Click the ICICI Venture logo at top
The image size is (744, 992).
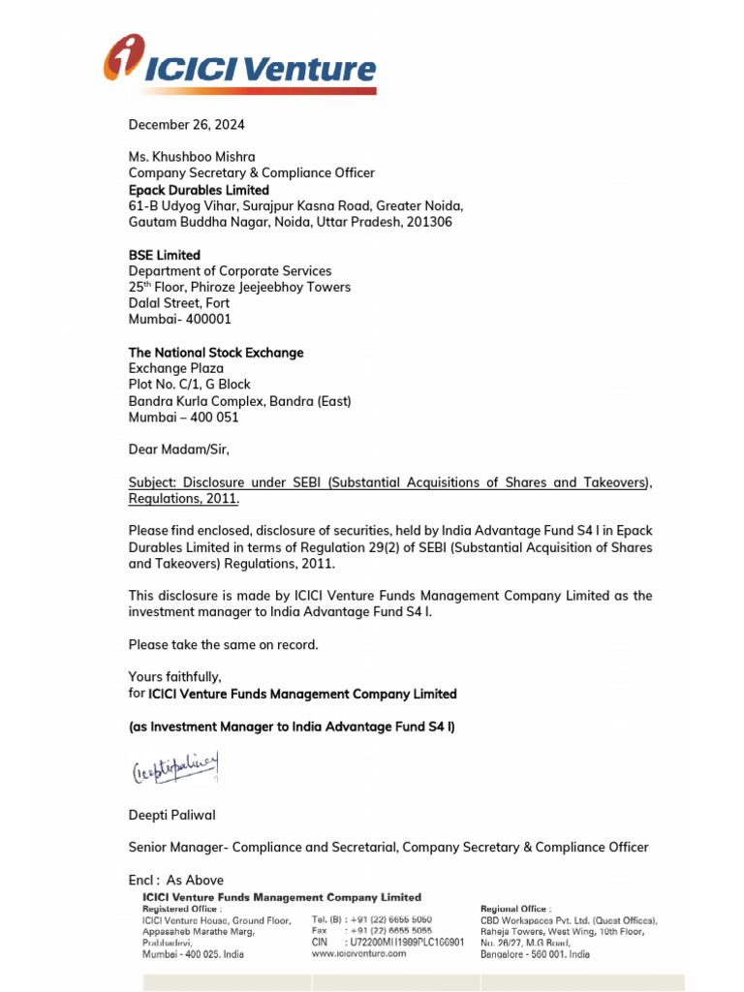coord(239,64)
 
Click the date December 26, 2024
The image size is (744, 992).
coord(187,125)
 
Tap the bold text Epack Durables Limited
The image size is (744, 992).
coord(199,190)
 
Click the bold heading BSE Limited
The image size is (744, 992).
coord(164,255)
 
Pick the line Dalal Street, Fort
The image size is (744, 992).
coord(180,303)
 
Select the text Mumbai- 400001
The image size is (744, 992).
coord(180,319)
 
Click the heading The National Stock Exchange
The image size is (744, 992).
coord(216,353)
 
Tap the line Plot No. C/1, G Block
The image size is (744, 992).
coord(190,385)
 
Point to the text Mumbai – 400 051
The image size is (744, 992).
coord(183,418)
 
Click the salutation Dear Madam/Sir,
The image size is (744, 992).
coord(179,449)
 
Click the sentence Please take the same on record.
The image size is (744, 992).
coord(223,644)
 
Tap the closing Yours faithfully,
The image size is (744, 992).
coord(174,676)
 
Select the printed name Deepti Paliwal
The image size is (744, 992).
coord(172,816)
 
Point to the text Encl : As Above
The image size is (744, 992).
coord(175,880)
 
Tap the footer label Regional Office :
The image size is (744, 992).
coord(515,909)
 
